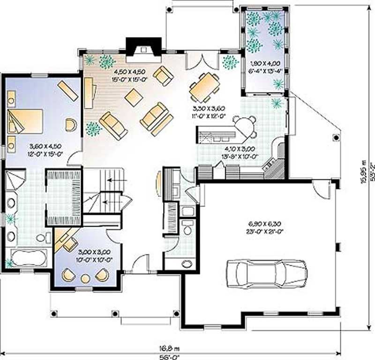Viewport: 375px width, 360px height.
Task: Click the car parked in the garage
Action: click(x=266, y=273)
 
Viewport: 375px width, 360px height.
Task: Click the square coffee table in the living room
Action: click(x=134, y=97)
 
